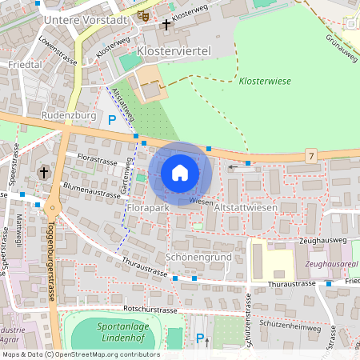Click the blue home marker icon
coord(180,172)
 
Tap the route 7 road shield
coord(311,154)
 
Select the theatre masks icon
coord(143,15)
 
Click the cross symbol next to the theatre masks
coord(166,25)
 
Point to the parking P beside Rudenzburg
coord(112,120)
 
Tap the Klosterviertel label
coord(174,50)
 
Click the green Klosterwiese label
coord(265,82)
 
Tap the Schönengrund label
coord(198,258)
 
